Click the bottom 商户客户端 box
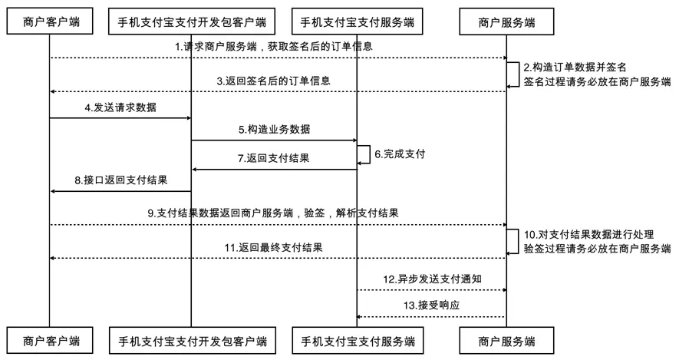(50, 339)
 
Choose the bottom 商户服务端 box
(506, 339)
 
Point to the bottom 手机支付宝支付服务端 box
(358, 339)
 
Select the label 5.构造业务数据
(274, 130)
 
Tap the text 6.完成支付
(400, 154)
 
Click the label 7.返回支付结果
(274, 158)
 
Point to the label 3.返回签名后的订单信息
(274, 81)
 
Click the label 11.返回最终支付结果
(274, 247)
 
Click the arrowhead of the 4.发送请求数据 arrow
(187, 118)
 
